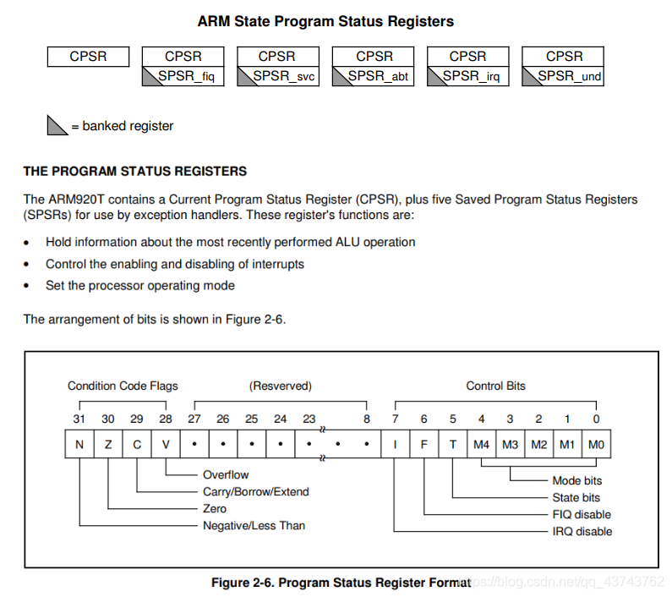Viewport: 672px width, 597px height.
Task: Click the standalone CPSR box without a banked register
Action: (x=88, y=57)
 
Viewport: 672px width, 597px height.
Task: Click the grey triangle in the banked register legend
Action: (x=57, y=126)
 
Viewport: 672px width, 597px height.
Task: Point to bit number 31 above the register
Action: (x=79, y=419)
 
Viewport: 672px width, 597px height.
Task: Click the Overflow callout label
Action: (x=226, y=475)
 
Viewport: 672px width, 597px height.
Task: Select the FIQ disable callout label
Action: (x=582, y=514)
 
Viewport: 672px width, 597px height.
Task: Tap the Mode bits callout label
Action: (x=577, y=480)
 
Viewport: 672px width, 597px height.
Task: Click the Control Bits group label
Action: (x=495, y=386)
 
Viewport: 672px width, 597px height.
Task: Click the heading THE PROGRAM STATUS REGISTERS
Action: (x=135, y=171)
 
